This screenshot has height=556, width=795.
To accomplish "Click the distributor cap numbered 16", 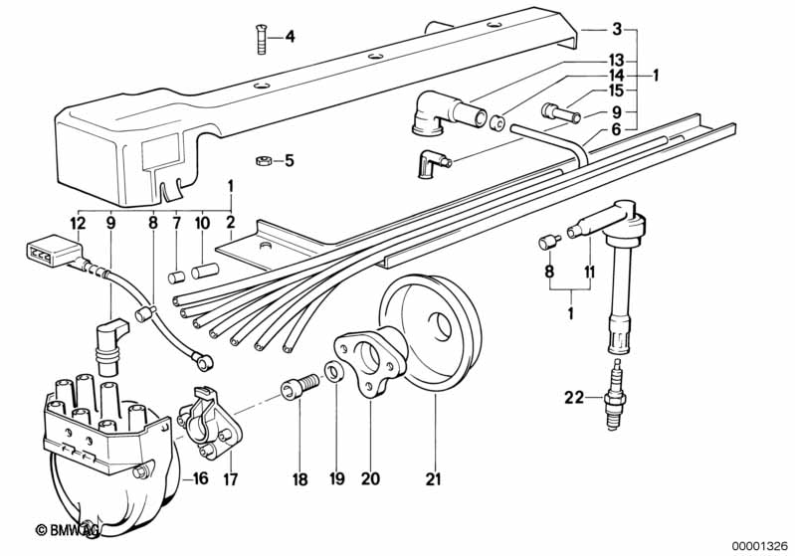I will [x=109, y=428].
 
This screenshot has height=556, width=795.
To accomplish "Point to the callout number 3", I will [x=617, y=29].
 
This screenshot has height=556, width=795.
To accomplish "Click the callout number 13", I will [x=617, y=59].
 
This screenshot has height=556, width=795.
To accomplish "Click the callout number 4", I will [x=290, y=38].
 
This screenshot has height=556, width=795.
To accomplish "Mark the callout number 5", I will [x=290, y=160].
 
